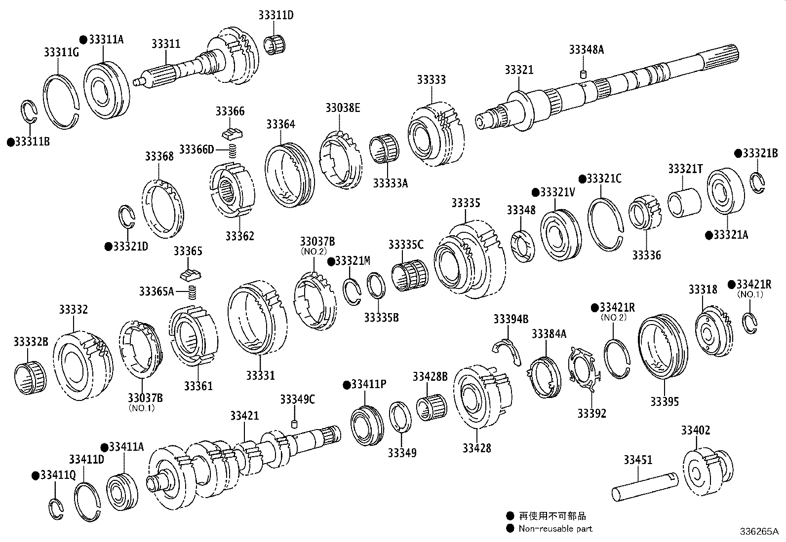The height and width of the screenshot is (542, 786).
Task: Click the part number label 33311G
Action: pos(61,52)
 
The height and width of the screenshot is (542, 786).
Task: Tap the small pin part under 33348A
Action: pos(583,74)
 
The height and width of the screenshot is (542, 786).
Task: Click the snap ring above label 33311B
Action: pos(30,113)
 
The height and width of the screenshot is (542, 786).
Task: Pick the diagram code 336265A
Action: pos(758,532)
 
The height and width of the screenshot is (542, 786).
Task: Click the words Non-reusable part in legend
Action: pos(555,529)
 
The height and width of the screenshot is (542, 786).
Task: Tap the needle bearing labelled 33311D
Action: pos(275,44)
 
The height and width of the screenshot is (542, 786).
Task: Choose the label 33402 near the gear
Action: pos(695,431)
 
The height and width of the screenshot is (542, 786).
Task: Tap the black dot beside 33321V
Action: pos(535,192)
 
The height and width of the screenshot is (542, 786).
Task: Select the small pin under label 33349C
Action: pos(295,423)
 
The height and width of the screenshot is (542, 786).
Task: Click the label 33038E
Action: pos(343,108)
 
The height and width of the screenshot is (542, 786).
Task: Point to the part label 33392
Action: pos(591,413)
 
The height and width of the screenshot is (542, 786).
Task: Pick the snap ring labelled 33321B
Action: pos(758,182)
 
